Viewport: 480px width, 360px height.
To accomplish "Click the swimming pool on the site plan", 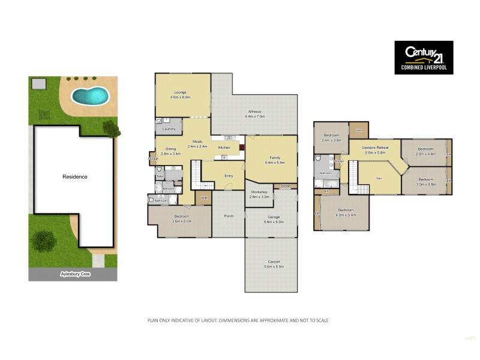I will click(x=89, y=95).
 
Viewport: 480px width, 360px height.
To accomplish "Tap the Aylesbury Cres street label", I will click(x=73, y=274).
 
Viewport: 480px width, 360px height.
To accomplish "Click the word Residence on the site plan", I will click(x=76, y=177).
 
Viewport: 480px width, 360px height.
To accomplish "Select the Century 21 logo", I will click(x=423, y=58).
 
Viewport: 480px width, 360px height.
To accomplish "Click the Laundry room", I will click(x=169, y=128).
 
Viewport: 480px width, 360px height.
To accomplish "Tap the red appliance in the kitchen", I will click(x=241, y=146).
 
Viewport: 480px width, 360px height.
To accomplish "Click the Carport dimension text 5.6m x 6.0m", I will click(x=271, y=266).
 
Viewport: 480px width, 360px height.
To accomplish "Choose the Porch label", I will click(x=228, y=216).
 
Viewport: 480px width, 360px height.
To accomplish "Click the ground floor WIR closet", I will click(x=203, y=198).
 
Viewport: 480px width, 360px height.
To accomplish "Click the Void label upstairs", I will click(x=379, y=178).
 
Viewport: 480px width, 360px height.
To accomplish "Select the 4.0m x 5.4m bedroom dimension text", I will click(x=346, y=215).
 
